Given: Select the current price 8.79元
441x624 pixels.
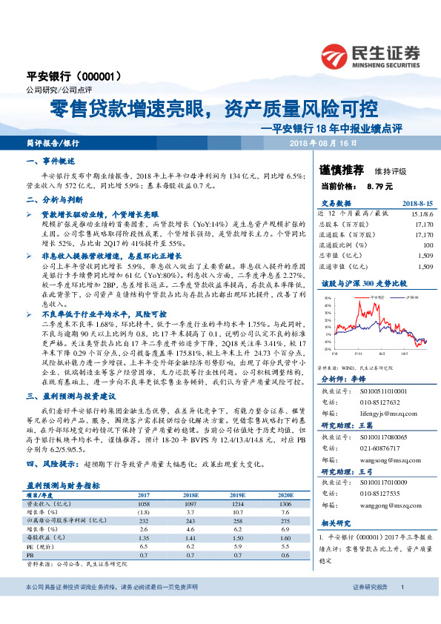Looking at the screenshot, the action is coord(379,186).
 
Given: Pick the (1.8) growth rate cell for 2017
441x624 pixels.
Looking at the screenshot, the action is coord(143,491).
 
